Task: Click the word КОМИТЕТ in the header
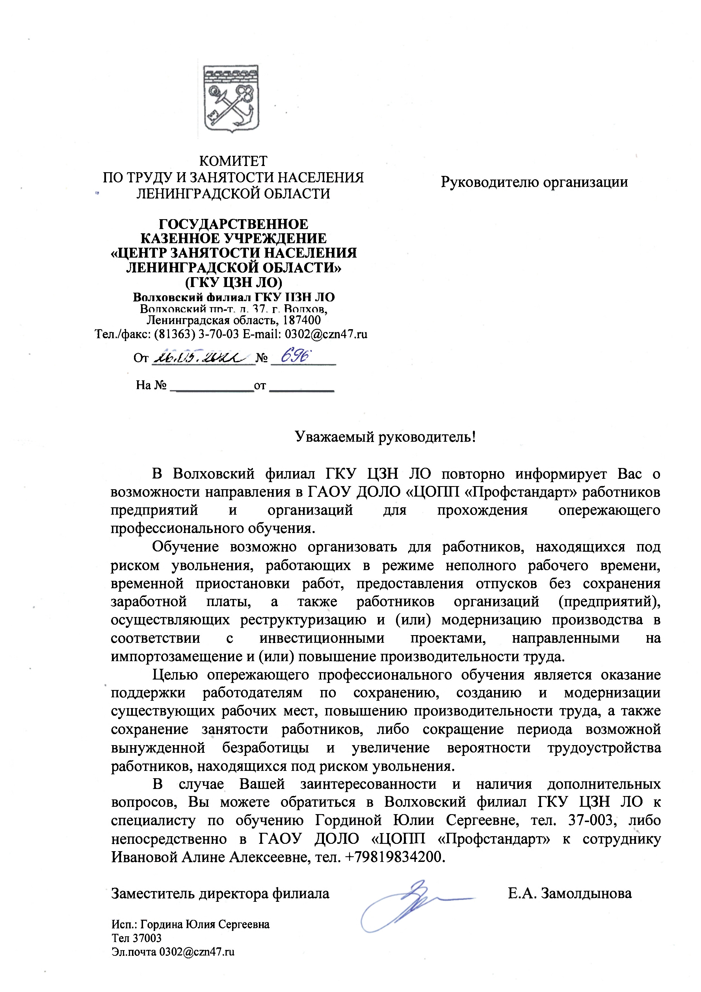pyautogui.click(x=233, y=161)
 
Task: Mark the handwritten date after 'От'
pyautogui.click(x=202, y=358)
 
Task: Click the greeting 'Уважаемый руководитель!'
pyautogui.click(x=385, y=437)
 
